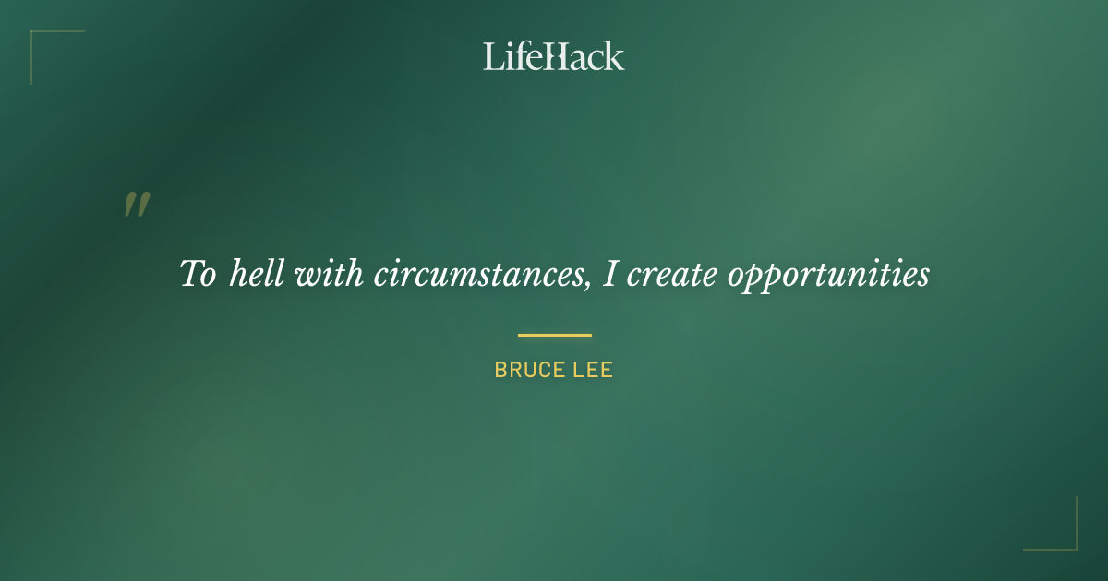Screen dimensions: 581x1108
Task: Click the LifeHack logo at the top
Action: [553, 56]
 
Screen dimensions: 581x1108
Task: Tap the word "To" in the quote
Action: [198, 275]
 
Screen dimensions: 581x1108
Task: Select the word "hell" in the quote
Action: [257, 274]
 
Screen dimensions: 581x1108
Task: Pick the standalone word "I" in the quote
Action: [609, 274]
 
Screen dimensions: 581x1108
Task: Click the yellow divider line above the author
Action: [554, 335]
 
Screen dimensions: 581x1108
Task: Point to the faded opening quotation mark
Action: [137, 205]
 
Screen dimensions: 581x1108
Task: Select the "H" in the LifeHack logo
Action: [553, 56]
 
